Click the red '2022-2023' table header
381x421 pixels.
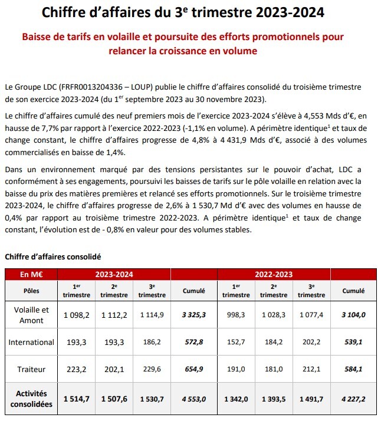[274, 274]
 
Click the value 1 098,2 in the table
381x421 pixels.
[77, 315]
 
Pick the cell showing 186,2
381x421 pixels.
[152, 343]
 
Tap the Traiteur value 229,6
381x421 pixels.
[152, 369]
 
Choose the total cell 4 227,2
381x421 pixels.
[354, 399]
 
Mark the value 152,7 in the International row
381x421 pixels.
[237, 343]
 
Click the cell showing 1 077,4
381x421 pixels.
[312, 315]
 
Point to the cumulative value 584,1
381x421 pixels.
[354, 369]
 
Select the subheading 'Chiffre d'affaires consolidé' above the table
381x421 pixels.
[53, 256]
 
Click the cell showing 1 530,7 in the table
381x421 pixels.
[152, 399]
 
